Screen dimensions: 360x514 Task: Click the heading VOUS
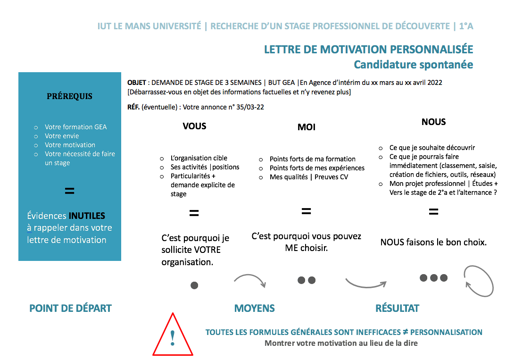point(195,126)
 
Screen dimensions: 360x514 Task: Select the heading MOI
point(307,127)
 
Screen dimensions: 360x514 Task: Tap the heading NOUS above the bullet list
point(433,122)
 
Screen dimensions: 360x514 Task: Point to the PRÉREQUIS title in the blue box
point(69,97)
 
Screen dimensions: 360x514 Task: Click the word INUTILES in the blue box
point(87,216)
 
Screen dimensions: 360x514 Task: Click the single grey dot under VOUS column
point(194,285)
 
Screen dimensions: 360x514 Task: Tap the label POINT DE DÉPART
point(70,309)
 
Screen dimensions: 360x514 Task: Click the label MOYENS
point(254,309)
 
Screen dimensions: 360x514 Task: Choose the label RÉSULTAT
point(397,309)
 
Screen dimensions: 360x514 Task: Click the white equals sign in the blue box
point(69,191)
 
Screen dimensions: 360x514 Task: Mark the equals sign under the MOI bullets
point(306,211)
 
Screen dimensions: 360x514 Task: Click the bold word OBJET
point(137,83)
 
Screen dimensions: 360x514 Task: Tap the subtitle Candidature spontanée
point(413,64)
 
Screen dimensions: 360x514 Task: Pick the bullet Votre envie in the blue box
point(62,136)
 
